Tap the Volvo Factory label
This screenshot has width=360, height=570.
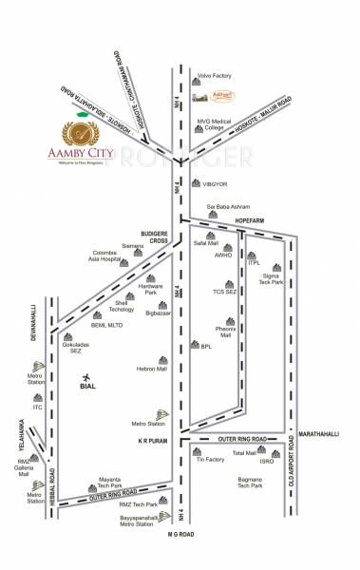coord(214,74)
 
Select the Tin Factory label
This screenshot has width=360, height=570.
coord(210,459)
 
